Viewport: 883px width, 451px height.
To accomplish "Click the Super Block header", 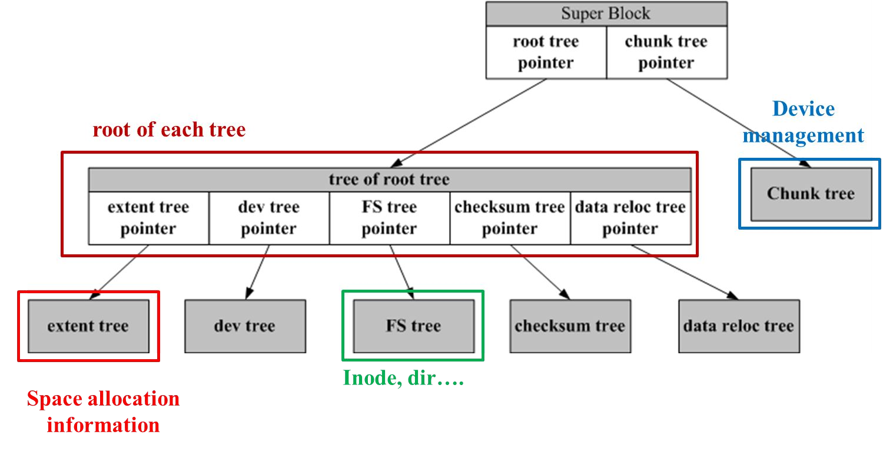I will (606, 14).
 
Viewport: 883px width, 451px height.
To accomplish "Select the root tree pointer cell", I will (546, 52).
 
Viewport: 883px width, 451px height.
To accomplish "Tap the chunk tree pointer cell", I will (666, 52).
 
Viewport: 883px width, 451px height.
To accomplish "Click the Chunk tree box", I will (811, 194).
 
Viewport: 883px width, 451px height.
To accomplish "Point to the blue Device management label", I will (804, 122).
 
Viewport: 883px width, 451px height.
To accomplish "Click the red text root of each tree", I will (169, 130).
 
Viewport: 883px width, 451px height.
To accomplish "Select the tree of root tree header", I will (389, 180).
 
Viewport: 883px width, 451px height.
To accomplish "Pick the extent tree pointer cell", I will (148, 218).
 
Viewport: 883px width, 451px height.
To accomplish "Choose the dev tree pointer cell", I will (268, 218).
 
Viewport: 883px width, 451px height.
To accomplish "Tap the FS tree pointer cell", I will (389, 218).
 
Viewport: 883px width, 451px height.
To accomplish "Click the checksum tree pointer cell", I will (510, 218).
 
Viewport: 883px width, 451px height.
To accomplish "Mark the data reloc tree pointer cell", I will (630, 218).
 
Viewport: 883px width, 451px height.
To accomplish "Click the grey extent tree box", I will (88, 326).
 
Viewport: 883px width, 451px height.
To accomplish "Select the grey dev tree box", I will (245, 326).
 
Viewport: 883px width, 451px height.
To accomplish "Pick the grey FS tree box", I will (413, 326).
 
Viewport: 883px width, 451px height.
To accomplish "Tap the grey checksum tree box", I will (570, 326).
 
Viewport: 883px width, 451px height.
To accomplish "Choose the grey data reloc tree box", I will (739, 326).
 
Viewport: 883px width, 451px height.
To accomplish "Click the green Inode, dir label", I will (403, 378).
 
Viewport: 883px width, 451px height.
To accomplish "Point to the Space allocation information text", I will (104, 412).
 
